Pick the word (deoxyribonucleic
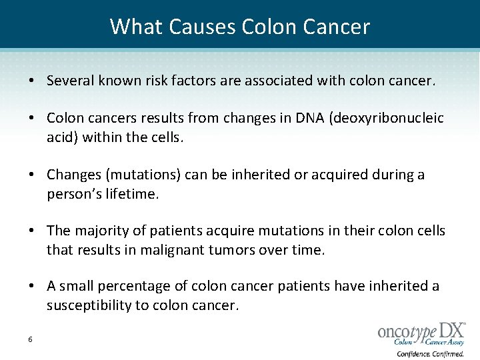[x=387, y=119]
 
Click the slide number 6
[x=31, y=339]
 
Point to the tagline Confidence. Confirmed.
[x=431, y=354]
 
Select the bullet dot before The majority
[x=31, y=231]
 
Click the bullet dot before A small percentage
[x=31, y=287]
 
